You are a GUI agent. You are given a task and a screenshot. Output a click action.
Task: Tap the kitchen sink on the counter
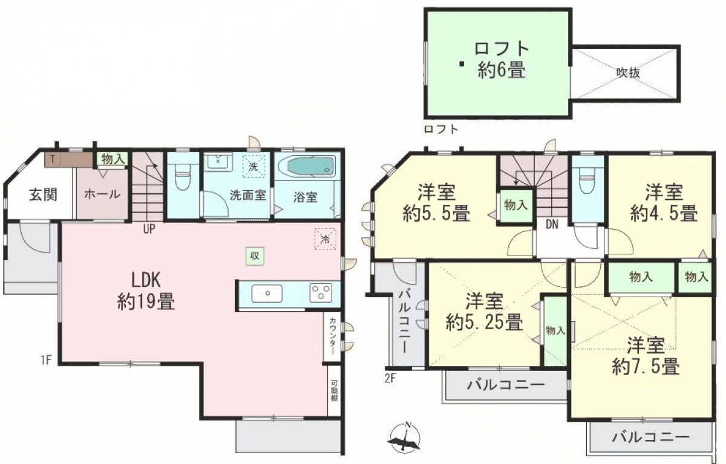pyautogui.click(x=267, y=293)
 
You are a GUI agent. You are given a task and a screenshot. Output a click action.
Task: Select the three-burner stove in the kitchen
pyautogui.click(x=321, y=292)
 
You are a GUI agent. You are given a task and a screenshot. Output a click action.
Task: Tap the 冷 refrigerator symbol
pyautogui.click(x=325, y=239)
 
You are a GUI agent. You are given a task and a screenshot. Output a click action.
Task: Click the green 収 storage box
pyautogui.click(x=255, y=256)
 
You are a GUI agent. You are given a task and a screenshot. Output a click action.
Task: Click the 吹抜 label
pyautogui.click(x=628, y=73)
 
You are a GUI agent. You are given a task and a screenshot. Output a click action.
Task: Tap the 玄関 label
pyautogui.click(x=43, y=195)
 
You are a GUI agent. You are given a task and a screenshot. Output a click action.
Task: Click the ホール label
pyautogui.click(x=102, y=194)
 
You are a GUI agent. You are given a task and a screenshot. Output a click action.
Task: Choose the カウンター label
pyautogui.click(x=333, y=336)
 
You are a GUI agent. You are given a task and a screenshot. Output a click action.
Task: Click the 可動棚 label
pyautogui.click(x=334, y=391)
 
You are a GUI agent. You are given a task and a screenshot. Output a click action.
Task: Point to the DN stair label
pyautogui.click(x=552, y=225)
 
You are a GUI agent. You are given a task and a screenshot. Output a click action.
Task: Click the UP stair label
pyautogui.click(x=149, y=230)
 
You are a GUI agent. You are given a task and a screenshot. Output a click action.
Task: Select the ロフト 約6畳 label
pyautogui.click(x=501, y=60)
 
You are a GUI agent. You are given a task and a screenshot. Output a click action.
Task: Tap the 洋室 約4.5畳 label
pyautogui.click(x=664, y=202)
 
